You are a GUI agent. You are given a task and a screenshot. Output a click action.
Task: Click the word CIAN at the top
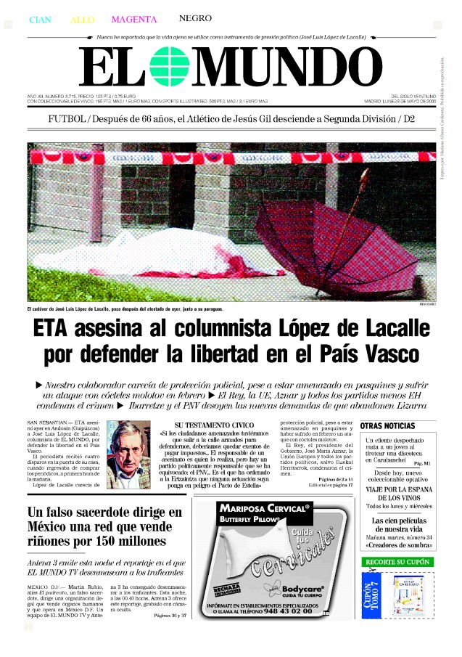40,20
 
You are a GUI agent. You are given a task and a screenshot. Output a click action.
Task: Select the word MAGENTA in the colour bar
134,19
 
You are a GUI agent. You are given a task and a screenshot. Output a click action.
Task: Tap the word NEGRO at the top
195,18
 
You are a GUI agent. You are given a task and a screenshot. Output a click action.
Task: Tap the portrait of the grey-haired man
128,454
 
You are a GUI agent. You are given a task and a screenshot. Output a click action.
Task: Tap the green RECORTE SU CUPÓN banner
397,562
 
